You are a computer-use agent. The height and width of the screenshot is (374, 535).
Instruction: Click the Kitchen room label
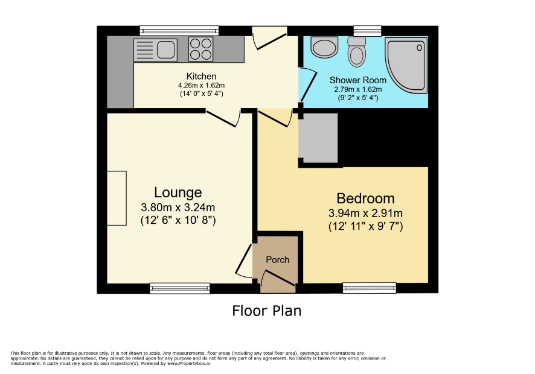coord(201,76)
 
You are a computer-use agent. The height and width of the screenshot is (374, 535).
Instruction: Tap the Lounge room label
coord(178,192)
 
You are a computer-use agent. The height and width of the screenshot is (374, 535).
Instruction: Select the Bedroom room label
coord(365,198)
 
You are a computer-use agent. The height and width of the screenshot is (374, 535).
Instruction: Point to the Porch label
coord(277,260)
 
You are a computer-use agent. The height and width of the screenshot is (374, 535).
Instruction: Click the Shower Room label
coord(358,80)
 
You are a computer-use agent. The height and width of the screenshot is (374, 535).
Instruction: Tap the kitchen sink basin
coord(167,50)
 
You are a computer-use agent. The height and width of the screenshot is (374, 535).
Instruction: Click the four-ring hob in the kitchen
coord(200,49)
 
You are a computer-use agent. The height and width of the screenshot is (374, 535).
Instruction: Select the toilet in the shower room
coord(356,52)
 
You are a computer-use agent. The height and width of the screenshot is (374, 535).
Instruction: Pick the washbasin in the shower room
coord(324,46)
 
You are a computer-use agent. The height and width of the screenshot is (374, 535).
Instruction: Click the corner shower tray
coord(406,65)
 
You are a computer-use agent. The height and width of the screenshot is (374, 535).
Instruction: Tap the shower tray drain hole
coord(419,48)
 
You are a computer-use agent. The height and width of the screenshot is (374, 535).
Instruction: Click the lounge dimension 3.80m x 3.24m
coord(178,208)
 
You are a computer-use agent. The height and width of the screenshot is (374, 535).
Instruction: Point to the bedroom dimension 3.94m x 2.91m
coord(365,214)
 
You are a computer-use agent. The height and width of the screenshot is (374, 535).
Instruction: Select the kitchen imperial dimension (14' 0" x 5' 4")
coord(201,93)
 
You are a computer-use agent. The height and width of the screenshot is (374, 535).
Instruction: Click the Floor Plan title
coord(267,311)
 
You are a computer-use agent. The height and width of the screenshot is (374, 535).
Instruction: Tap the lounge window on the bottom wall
coord(180,288)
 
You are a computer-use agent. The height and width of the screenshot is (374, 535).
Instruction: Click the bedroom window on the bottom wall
coord(370,288)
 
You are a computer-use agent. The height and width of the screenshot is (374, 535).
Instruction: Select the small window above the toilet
coord(368,31)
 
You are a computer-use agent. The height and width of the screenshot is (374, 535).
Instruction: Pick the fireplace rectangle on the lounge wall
coord(117,198)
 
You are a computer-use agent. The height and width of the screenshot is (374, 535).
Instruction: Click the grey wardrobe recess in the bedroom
coord(318,138)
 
